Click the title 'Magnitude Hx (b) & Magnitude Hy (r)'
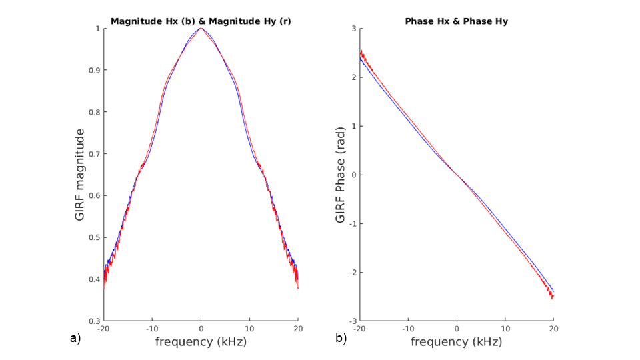pyautogui.click(x=201, y=21)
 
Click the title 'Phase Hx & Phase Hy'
pyautogui.click(x=456, y=21)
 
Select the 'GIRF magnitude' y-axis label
pyautogui.click(x=81, y=175)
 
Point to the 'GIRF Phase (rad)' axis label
pyautogui.click(x=340, y=175)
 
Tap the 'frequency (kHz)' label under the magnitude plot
pyautogui.click(x=201, y=342)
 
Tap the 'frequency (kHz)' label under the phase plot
pyautogui.click(x=456, y=342)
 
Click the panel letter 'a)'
pyautogui.click(x=75, y=339)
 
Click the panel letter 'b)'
pyautogui.click(x=341, y=339)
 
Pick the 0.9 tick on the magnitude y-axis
pyautogui.click(x=95, y=70)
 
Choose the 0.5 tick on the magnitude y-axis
pyautogui.click(x=95, y=237)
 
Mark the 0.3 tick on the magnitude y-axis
pyautogui.click(x=95, y=321)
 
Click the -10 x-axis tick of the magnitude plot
pyautogui.click(x=151, y=329)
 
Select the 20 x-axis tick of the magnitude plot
pyautogui.click(x=298, y=329)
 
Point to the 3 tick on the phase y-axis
pyautogui.click(x=354, y=29)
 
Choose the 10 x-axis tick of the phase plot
pyautogui.click(x=505, y=329)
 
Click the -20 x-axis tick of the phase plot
pyautogui.click(x=359, y=329)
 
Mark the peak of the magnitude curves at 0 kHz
pyautogui.click(x=201, y=28)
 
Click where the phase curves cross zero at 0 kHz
pyautogui.click(x=457, y=175)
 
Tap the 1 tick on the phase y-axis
pyautogui.click(x=354, y=126)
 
